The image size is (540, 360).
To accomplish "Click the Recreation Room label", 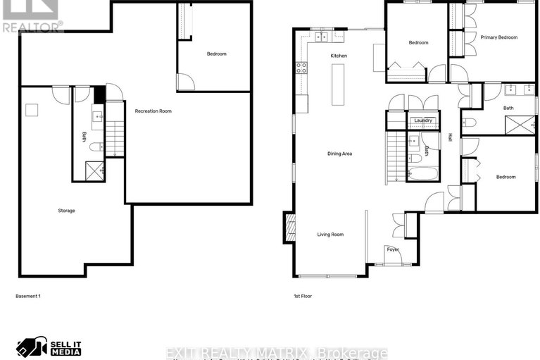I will pyautogui.click(x=153, y=111).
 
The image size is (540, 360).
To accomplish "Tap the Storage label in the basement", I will pyautogui.click(x=66, y=211).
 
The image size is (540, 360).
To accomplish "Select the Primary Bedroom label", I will pyautogui.click(x=499, y=37).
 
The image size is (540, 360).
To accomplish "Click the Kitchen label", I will pyautogui.click(x=339, y=56).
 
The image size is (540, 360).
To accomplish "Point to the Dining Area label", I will pyautogui.click(x=339, y=154).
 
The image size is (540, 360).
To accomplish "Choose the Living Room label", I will pyautogui.click(x=330, y=234).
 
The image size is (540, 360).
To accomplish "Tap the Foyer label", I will pyautogui.click(x=392, y=249).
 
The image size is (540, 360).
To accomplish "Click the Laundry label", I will pyautogui.click(x=422, y=120).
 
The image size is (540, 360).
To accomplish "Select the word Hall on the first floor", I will pyautogui.click(x=450, y=137).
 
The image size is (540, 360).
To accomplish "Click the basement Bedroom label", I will pyautogui.click(x=216, y=54).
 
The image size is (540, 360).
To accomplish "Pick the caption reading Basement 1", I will pyautogui.click(x=28, y=296).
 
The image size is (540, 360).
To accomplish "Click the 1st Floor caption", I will pyautogui.click(x=303, y=296).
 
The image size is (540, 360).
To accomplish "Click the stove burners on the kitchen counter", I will pyautogui.click(x=301, y=68).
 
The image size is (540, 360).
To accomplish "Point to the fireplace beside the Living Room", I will pyautogui.click(x=289, y=227).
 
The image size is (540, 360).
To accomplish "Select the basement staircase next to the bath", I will pyautogui.click(x=115, y=138).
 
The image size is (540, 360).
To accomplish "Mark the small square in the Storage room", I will pyautogui.click(x=32, y=109).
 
